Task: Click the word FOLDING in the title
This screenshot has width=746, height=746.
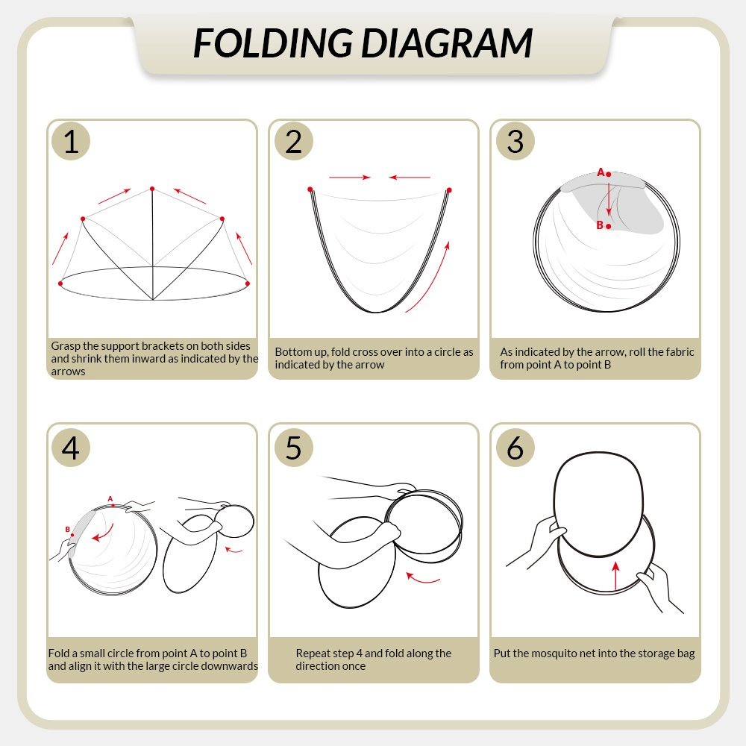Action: click(x=273, y=43)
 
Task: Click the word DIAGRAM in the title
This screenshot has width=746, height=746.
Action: click(x=447, y=43)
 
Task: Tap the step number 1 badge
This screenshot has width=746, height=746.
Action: click(x=71, y=141)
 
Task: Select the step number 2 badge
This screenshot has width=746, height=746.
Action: click(x=293, y=141)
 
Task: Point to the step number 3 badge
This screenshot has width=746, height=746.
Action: click(x=515, y=141)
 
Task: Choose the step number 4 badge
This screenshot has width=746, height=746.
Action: click(x=71, y=448)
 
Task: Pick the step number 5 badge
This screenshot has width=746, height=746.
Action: click(x=293, y=448)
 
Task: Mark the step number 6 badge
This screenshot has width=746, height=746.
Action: click(x=515, y=448)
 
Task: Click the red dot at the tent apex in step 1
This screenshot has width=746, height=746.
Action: click(x=152, y=189)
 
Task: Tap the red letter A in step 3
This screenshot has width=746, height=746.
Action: click(x=601, y=172)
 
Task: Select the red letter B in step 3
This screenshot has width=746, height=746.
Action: click(x=600, y=225)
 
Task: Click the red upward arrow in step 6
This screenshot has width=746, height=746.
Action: click(x=616, y=576)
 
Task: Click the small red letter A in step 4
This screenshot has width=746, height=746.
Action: click(x=110, y=498)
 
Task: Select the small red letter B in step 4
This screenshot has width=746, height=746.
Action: click(x=68, y=529)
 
